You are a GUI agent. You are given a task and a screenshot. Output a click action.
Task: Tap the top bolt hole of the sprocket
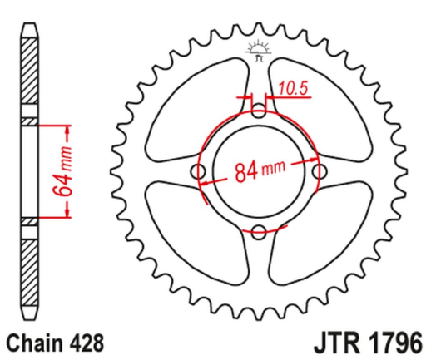[259, 111]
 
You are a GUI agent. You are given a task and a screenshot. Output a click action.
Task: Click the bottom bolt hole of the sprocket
[259, 230]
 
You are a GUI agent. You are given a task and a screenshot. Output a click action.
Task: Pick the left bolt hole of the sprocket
[199, 171]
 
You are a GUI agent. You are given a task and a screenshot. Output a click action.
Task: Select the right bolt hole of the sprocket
[319, 171]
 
